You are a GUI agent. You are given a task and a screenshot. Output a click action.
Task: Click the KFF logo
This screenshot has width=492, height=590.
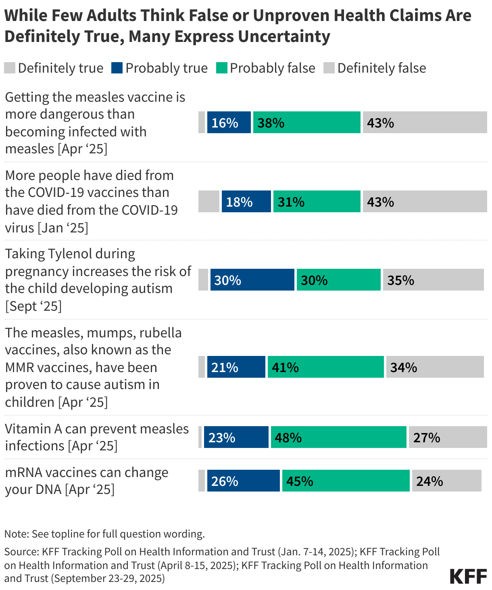468,576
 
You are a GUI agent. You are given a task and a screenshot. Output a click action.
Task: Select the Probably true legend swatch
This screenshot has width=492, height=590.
117,68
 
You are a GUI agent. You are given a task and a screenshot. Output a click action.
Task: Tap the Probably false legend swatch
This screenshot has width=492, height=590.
221,68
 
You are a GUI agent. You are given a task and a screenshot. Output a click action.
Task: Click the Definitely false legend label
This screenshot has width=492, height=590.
381,68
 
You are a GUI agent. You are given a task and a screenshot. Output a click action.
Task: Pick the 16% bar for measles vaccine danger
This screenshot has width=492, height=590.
229,122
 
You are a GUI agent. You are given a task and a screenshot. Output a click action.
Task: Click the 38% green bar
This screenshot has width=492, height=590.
306,122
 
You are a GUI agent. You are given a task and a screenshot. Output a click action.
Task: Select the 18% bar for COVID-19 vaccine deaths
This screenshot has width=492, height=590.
246,201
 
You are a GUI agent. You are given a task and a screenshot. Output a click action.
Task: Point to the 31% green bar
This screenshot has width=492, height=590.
317,201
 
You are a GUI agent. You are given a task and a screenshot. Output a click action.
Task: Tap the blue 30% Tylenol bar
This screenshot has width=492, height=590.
252,280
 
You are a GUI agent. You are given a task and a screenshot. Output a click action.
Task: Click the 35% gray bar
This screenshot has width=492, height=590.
433,280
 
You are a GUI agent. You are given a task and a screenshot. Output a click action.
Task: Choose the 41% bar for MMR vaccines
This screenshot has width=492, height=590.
325,367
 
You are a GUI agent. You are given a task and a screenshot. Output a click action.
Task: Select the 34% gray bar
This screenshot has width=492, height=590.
435,367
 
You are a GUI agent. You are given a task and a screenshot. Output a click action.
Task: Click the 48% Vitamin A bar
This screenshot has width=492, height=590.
338,437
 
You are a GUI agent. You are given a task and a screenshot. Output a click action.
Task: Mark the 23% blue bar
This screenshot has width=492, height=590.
236,437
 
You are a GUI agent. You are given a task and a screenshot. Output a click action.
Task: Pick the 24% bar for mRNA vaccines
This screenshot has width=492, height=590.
446,481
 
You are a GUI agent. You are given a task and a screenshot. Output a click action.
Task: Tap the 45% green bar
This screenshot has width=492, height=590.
346,481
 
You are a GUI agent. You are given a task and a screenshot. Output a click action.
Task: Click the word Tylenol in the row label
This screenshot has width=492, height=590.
71,254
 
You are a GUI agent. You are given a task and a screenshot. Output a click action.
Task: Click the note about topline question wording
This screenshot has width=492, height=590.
104,534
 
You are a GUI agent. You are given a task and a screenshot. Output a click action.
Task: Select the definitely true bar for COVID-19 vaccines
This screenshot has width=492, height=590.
208,201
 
